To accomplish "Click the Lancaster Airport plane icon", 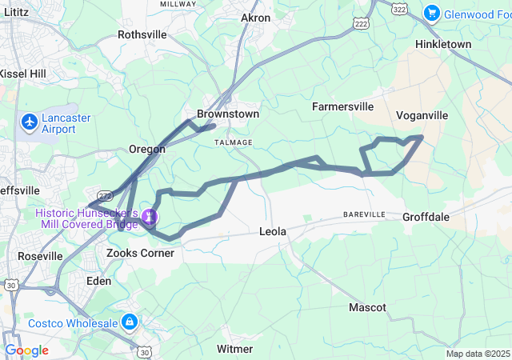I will click(30, 122).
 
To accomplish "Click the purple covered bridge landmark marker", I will click(149, 217).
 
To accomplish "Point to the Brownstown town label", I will click(228, 114).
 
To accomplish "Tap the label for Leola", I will click(274, 231).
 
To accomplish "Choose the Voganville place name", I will click(422, 115).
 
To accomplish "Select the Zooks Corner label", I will click(140, 253).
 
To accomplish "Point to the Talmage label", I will click(234, 142).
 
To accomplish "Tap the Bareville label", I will click(364, 215).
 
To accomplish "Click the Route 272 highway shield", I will click(104, 194).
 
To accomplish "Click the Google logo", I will click(26, 350).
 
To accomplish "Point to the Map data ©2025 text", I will click(477, 354).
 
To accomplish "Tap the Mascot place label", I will click(367, 307).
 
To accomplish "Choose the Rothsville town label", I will click(142, 34).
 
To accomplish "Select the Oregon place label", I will click(147, 149).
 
